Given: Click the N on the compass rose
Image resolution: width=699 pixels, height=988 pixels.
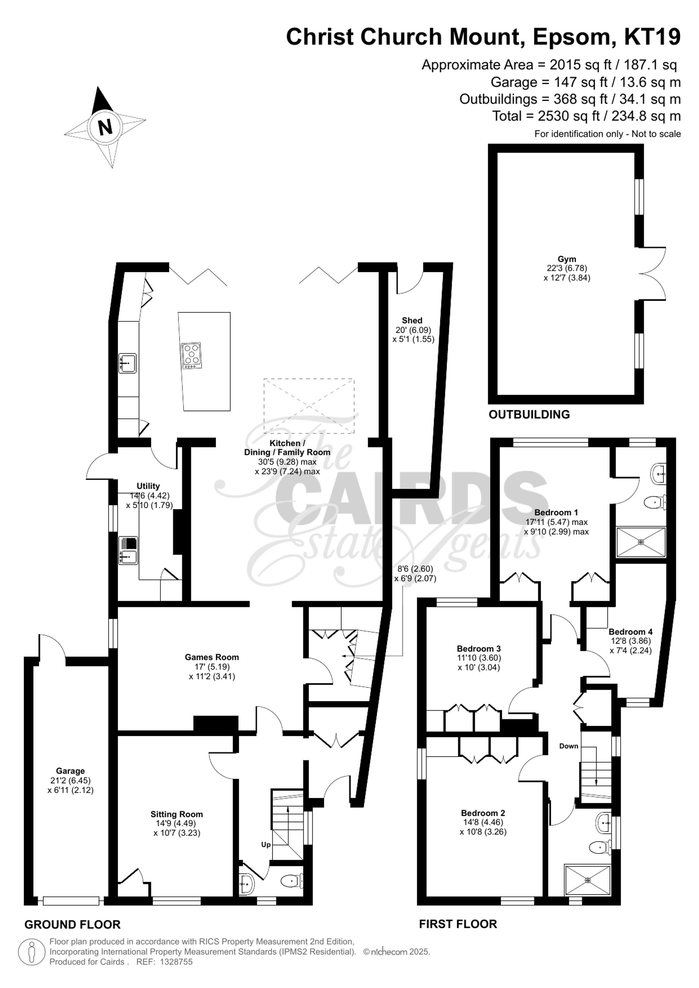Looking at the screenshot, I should [105, 127].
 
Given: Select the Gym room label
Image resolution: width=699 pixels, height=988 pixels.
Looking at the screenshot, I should [567, 259].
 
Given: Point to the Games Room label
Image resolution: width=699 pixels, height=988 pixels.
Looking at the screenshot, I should [212, 657].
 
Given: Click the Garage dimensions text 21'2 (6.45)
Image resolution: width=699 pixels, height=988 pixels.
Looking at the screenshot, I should [70, 780].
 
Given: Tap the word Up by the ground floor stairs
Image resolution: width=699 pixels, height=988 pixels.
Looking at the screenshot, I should [266, 844].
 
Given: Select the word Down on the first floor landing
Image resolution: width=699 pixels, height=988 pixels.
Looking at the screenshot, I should [569, 746].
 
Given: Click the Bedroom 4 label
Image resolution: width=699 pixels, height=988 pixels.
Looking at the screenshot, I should [630, 632].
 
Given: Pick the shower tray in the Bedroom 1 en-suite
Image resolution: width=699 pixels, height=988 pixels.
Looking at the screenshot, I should [641, 542].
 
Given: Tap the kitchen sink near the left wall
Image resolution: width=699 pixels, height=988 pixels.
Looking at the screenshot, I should [128, 363].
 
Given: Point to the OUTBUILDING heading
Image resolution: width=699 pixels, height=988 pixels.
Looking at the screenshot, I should [529, 414].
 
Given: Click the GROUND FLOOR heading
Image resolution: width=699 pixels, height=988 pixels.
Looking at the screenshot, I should [72, 924].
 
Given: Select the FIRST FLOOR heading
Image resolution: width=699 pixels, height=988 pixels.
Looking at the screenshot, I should [458, 924].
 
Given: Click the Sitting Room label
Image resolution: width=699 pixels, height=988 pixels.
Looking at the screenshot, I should [176, 814].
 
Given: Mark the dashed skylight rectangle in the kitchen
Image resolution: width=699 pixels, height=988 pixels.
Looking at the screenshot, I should [309, 406].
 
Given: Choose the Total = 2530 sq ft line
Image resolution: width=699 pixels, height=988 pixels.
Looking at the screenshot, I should [586, 116].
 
